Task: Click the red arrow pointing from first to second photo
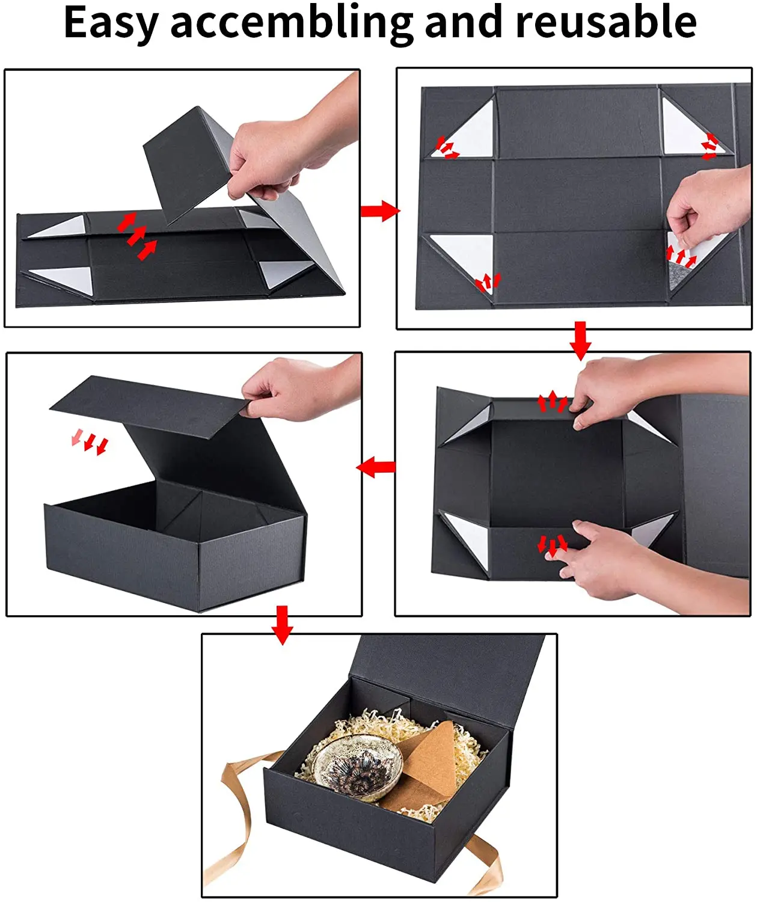click(380, 211)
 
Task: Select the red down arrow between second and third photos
click(580, 340)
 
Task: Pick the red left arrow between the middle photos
click(376, 467)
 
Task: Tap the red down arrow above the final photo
click(282, 625)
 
